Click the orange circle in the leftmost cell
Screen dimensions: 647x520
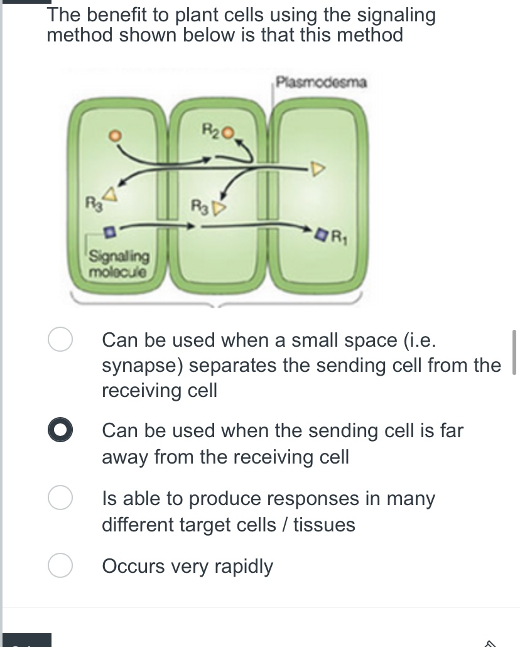[x=115, y=134]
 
